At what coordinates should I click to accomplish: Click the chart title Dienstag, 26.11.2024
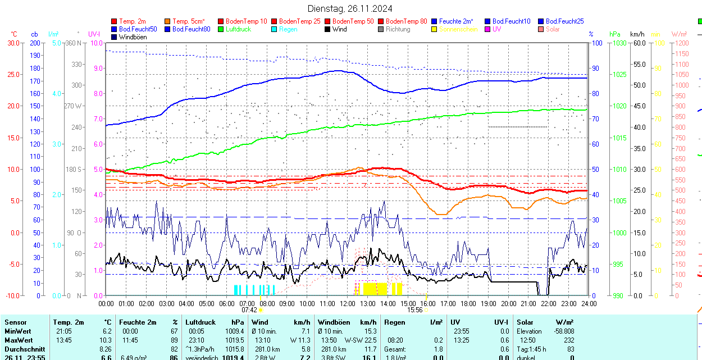tap(350, 8)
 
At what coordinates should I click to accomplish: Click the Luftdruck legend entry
tap(238, 29)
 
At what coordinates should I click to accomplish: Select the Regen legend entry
tap(288, 29)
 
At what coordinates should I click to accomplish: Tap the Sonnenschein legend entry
tap(458, 29)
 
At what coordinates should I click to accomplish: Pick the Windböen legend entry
tap(133, 37)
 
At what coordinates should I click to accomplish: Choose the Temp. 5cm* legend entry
tap(188, 21)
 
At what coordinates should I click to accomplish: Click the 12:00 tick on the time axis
tap(347, 303)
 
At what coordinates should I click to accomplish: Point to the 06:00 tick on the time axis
tap(226, 303)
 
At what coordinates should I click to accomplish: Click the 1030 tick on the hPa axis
tap(619, 43)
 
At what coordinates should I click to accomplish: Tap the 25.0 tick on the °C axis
tap(12, 75)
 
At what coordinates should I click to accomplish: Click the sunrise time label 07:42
tap(249, 309)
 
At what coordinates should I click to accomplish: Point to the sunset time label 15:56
tap(415, 309)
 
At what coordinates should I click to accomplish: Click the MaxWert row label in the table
tap(19, 340)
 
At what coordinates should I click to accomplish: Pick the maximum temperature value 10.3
tap(106, 340)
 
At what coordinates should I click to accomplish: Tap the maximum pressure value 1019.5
tap(234, 340)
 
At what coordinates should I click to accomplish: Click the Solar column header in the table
tap(525, 322)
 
